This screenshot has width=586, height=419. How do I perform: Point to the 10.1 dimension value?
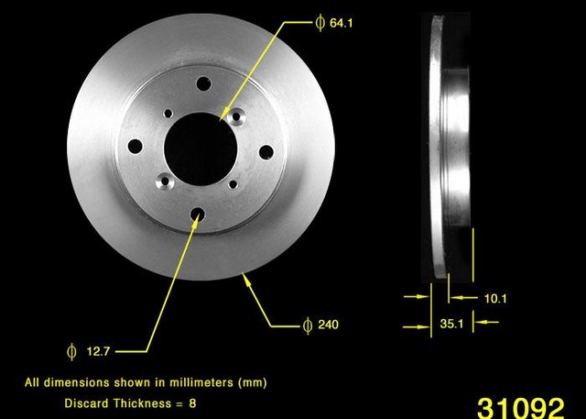point(495,298)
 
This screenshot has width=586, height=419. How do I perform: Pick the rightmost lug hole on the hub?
point(266,151)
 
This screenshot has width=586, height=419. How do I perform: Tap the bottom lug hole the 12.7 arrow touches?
point(199,215)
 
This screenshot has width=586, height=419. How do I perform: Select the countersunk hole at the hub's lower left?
point(166,182)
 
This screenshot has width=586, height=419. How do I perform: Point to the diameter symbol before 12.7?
point(71,349)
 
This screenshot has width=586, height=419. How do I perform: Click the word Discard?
point(88,402)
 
